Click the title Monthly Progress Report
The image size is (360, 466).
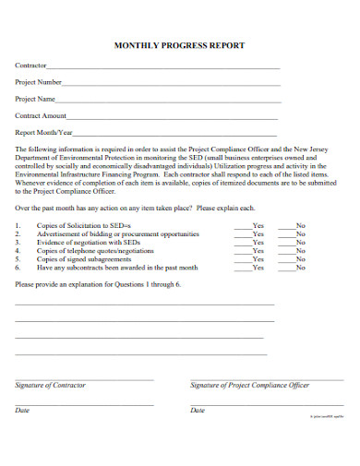pos(179,45)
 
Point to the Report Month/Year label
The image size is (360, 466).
pos(43,132)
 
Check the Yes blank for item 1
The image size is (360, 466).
pos(242,224)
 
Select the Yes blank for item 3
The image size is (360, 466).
pos(242,242)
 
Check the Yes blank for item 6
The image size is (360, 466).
pos(242,268)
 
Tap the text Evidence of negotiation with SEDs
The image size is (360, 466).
pos(87,242)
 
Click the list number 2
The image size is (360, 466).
pos(18,233)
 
